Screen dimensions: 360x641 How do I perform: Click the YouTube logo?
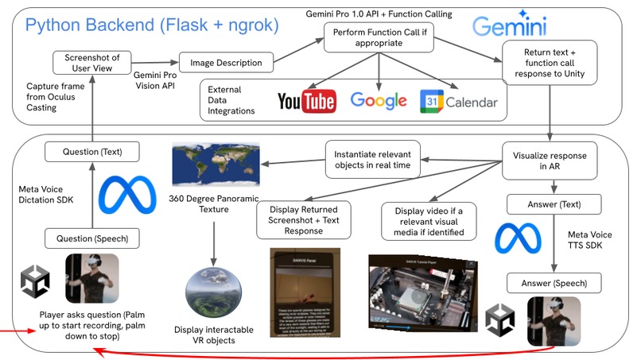pyautogui.click(x=306, y=101)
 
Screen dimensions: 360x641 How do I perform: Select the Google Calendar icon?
pyautogui.click(x=458, y=101)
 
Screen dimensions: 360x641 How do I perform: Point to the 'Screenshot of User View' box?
pyautogui.click(x=91, y=61)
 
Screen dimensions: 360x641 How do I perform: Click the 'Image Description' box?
pyautogui.click(x=226, y=63)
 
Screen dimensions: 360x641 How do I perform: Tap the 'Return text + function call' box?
pyautogui.click(x=550, y=64)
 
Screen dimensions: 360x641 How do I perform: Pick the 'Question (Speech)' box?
pyautogui.click(x=91, y=237)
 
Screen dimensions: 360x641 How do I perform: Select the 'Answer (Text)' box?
pyautogui.click(x=550, y=204)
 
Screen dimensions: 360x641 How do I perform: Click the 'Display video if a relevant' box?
pyautogui.click(x=429, y=221)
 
